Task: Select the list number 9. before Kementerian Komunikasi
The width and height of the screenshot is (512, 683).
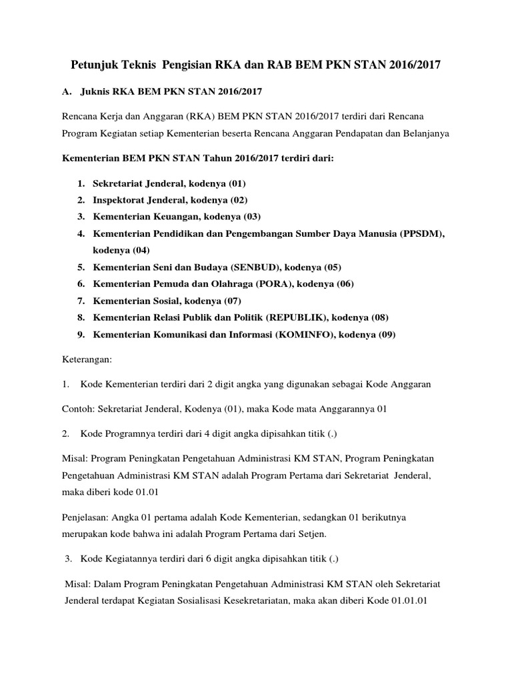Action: (80, 335)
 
